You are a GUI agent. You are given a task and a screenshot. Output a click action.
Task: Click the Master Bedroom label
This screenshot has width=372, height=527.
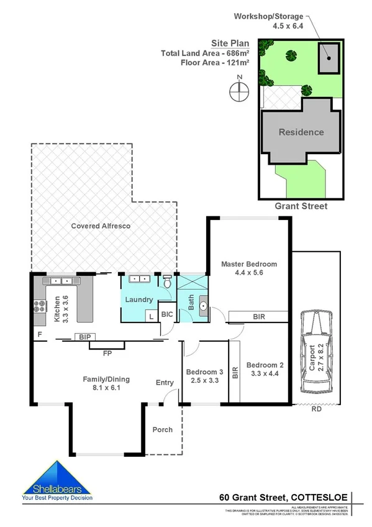pos(249,268)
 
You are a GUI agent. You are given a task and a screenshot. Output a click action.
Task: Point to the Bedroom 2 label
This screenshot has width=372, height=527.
pos(265,369)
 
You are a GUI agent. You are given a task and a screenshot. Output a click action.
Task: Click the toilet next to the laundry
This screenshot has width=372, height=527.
pos(166,282)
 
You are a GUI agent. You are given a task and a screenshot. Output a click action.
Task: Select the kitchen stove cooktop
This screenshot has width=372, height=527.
pos(38,306)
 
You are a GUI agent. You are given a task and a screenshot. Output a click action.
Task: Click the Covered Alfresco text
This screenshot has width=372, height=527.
pos(100,226)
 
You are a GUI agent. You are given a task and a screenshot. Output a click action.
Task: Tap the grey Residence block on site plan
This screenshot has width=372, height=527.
pos(301,132)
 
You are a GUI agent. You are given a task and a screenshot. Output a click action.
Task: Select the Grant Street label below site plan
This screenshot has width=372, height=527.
pos(301,206)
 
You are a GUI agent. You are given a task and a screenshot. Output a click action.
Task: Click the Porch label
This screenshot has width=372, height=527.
pos(163,429)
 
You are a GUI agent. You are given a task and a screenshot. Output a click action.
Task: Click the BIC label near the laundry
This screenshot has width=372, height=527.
pos(167,314)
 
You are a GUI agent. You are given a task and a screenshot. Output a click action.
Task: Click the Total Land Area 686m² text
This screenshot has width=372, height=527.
pos(206,53)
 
